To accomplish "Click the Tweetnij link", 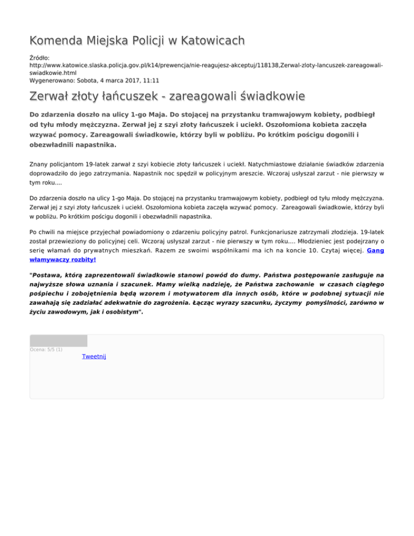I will coord(94,356).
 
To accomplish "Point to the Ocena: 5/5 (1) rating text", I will coord(46,349).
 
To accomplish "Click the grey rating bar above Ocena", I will coord(58,340).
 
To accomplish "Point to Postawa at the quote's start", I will coord(47,274).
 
